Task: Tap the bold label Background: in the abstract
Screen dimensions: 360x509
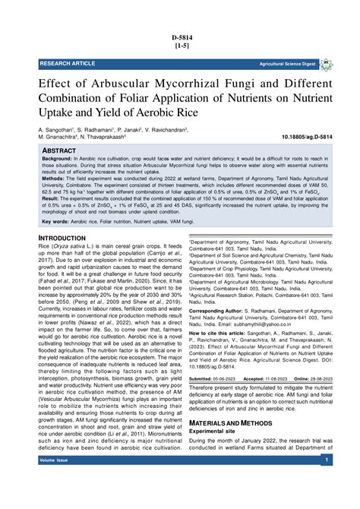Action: pos(60,162)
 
